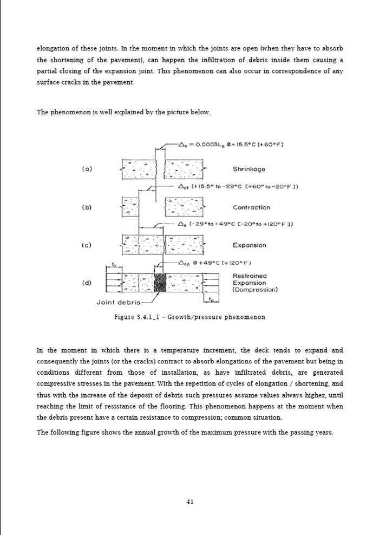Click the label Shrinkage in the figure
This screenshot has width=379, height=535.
point(249,169)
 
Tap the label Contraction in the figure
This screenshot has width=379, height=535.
point(251,207)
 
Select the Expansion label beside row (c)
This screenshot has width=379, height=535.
point(250,245)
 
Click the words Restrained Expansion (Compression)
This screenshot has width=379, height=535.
point(254,283)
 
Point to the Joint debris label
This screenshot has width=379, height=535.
point(118,302)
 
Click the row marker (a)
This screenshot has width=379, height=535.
point(87,169)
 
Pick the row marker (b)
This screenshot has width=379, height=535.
point(87,207)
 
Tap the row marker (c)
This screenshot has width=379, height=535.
point(87,245)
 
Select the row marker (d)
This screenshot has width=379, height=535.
point(87,283)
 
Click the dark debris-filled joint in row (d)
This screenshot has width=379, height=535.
point(160,283)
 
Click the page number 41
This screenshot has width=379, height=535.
point(190,501)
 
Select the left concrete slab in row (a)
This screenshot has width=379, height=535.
point(139,169)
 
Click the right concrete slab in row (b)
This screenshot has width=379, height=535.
point(184,207)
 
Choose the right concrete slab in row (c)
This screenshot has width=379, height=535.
point(183,245)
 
